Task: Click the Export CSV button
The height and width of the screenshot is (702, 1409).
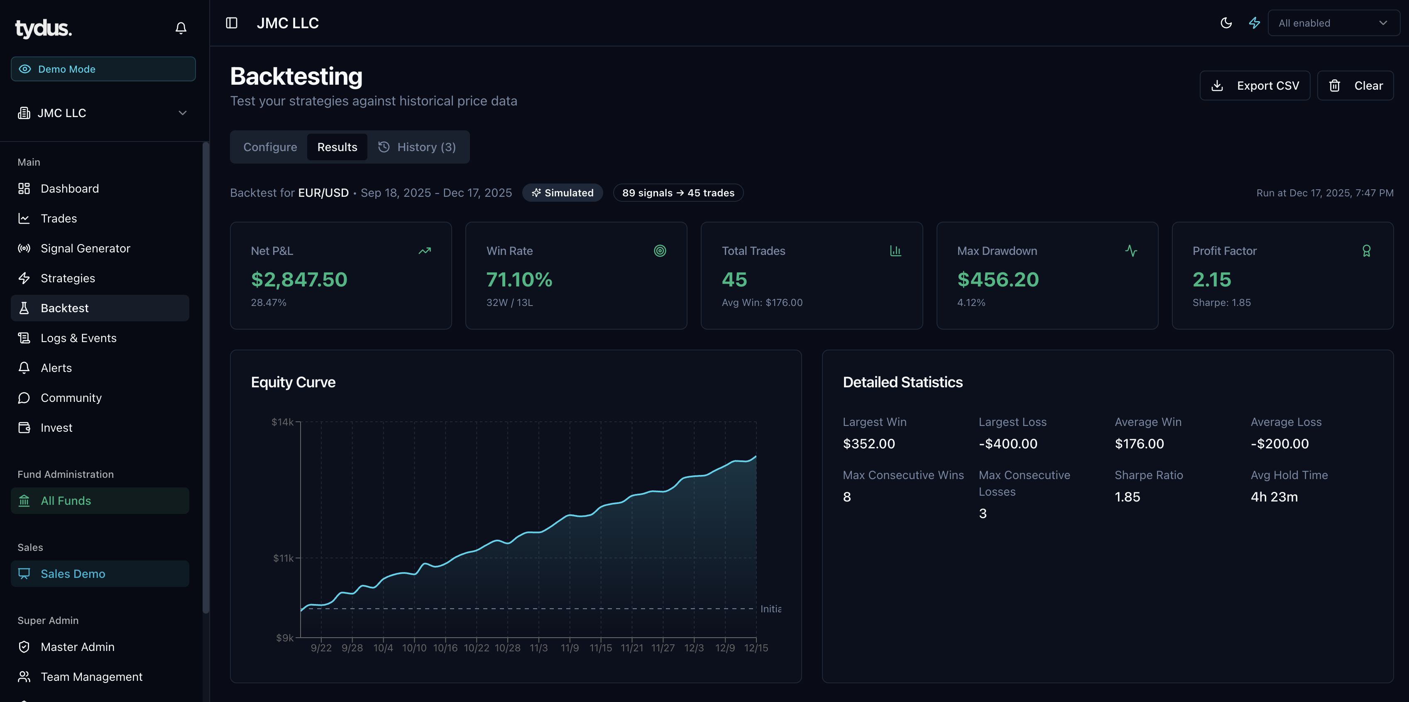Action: click(x=1254, y=86)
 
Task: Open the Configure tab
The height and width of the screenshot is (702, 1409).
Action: click(x=270, y=147)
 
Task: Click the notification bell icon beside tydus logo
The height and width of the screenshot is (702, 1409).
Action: click(x=181, y=28)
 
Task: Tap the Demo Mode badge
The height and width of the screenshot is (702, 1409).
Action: click(x=103, y=69)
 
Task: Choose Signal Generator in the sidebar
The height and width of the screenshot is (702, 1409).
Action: click(x=86, y=248)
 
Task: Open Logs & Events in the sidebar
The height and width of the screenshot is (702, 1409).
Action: click(x=78, y=338)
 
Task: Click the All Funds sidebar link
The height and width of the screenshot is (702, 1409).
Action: click(x=66, y=501)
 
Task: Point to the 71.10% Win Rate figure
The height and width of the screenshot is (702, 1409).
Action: click(x=519, y=280)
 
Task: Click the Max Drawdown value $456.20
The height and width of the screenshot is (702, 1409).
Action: click(x=998, y=280)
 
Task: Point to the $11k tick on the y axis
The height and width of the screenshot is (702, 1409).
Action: click(x=283, y=558)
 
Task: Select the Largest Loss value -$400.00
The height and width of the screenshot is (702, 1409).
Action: click(x=1008, y=444)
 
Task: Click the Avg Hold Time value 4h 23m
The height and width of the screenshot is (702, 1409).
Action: click(x=1274, y=497)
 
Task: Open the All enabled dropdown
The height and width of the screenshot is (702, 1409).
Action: click(x=1333, y=23)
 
